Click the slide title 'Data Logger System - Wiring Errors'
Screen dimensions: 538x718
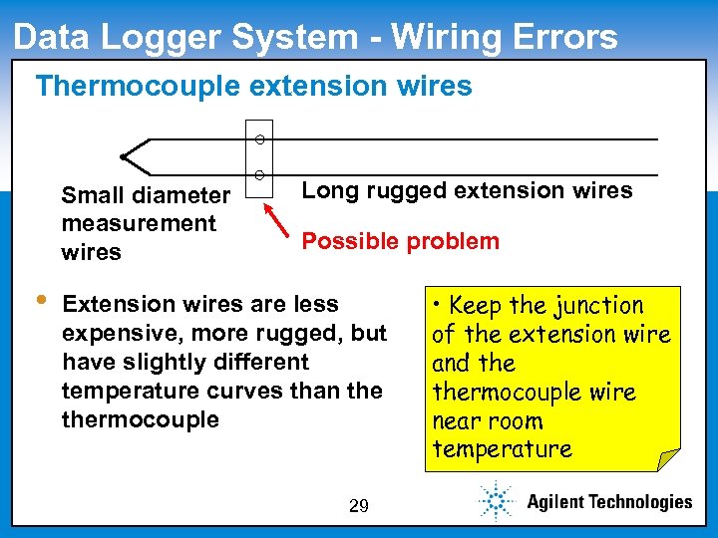tap(315, 37)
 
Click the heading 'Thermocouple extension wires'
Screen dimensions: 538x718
tap(253, 86)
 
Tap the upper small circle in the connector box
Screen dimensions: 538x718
tap(258, 137)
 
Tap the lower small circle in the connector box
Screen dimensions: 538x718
tap(258, 175)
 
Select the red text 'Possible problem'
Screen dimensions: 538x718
tap(400, 241)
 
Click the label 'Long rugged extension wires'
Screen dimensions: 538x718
tap(467, 190)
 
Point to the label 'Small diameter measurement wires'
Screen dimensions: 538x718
tap(145, 223)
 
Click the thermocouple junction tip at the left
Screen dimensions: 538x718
tap(123, 156)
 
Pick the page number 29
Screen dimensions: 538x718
tap(359, 506)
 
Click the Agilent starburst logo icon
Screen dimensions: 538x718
tap(495, 500)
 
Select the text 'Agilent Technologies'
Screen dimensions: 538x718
tap(608, 501)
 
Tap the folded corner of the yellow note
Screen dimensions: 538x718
tap(668, 459)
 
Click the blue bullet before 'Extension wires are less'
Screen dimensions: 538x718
tap(40, 301)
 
